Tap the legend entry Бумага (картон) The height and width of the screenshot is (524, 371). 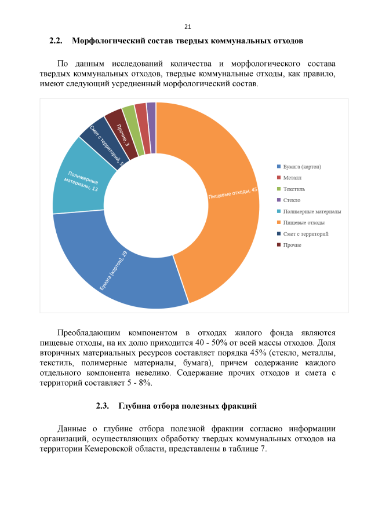coord(302,167)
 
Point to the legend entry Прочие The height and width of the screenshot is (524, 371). coord(292,245)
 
